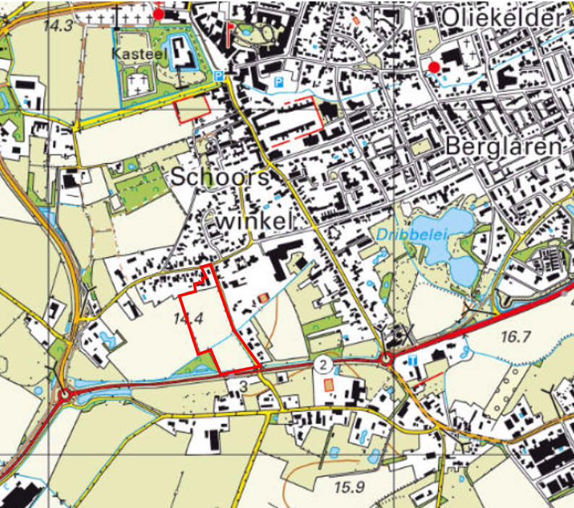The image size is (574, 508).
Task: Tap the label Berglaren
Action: click(504, 146)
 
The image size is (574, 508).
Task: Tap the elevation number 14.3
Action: click(58, 26)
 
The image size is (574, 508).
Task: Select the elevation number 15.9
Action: click(350, 487)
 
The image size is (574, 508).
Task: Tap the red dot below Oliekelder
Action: click(434, 68)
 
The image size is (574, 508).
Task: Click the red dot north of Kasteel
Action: click(159, 14)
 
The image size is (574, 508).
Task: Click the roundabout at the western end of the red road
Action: click(67, 395)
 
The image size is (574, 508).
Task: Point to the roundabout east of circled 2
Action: click(386, 359)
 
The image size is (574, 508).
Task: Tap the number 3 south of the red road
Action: click(244, 387)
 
